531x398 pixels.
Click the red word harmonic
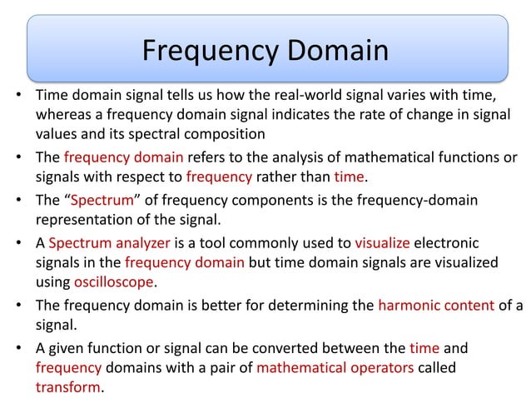coord(407,305)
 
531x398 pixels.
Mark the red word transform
coord(68,387)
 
